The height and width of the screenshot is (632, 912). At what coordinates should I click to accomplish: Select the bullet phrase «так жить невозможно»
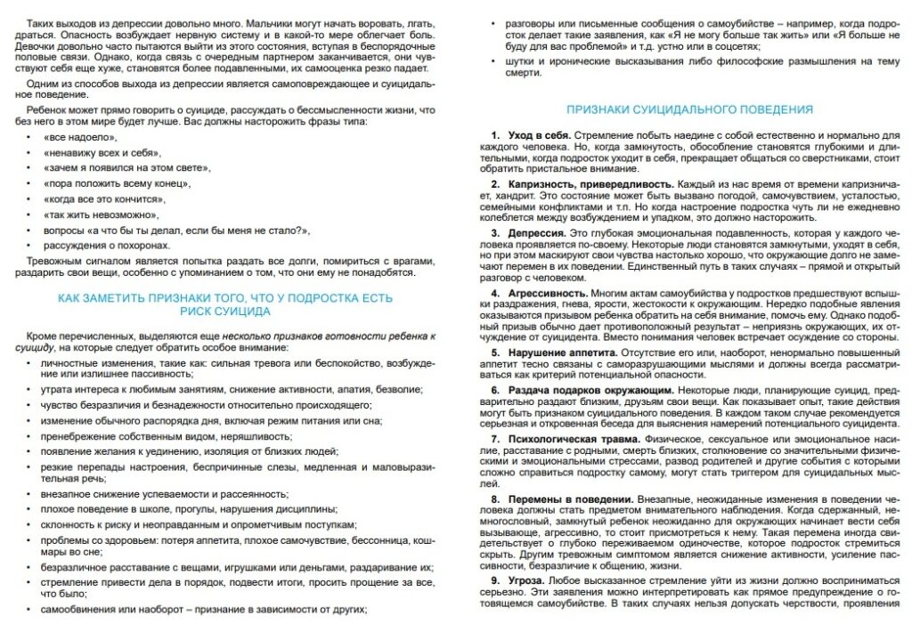[x=102, y=215]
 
